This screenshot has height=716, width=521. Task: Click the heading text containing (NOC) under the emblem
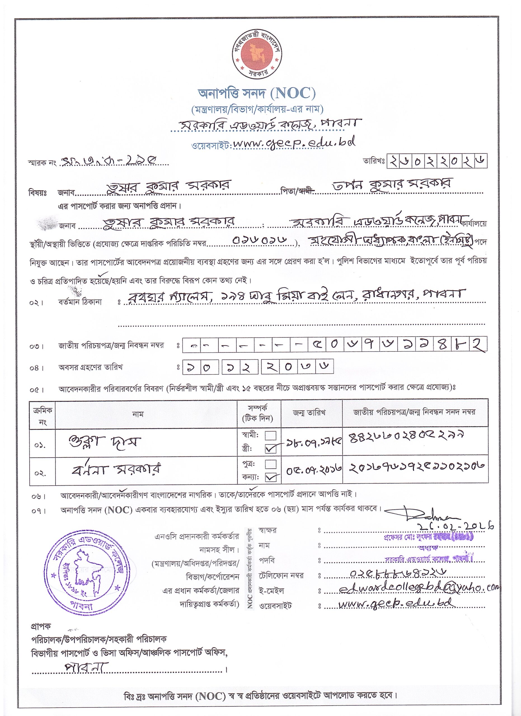(256, 93)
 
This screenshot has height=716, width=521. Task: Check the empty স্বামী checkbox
(271, 436)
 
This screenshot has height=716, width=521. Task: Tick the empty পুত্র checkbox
(271, 464)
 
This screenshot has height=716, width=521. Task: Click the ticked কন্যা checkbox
(271, 478)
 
